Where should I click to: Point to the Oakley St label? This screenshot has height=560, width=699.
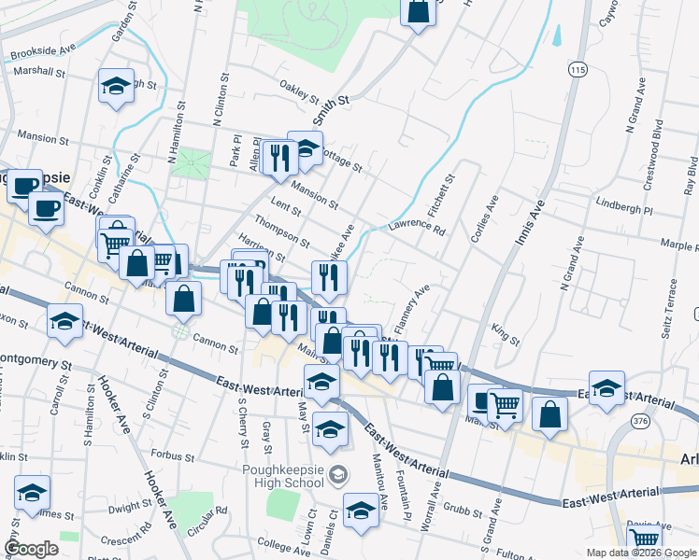300,91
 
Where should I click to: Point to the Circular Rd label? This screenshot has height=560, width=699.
207,517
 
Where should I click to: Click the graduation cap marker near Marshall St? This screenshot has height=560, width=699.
117,86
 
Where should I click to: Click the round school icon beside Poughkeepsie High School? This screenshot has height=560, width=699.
338,478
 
